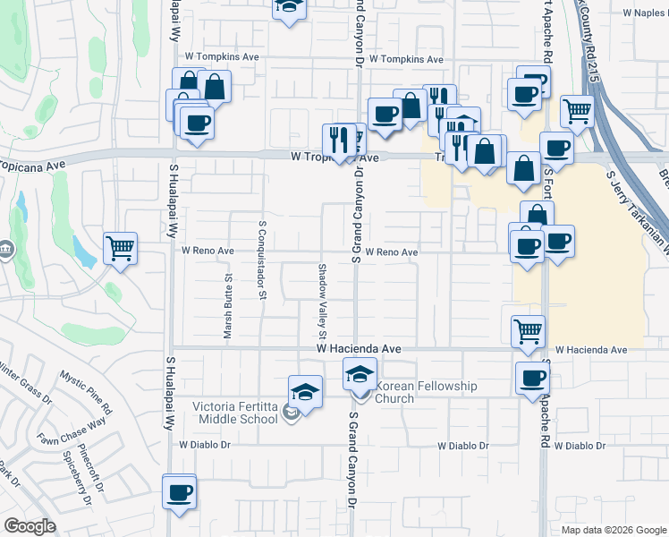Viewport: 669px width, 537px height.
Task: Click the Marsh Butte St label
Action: click(x=228, y=306)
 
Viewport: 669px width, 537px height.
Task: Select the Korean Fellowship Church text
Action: click(x=427, y=392)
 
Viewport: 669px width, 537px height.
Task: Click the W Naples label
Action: click(x=644, y=13)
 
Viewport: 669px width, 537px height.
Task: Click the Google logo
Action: click(x=30, y=526)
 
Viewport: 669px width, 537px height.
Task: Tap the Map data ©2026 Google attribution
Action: click(x=613, y=530)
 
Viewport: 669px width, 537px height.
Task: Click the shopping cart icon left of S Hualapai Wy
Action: click(x=120, y=248)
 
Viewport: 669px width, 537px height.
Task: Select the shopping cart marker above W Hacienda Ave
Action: click(x=528, y=330)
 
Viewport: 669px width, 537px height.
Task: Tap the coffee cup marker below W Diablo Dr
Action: click(x=179, y=491)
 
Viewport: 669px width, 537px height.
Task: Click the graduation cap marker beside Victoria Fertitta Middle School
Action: click(x=305, y=392)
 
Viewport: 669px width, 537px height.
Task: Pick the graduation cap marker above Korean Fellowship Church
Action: click(x=360, y=373)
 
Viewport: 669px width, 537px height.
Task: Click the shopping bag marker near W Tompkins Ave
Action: click(x=215, y=88)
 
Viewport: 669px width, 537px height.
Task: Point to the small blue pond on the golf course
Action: click(x=85, y=254)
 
